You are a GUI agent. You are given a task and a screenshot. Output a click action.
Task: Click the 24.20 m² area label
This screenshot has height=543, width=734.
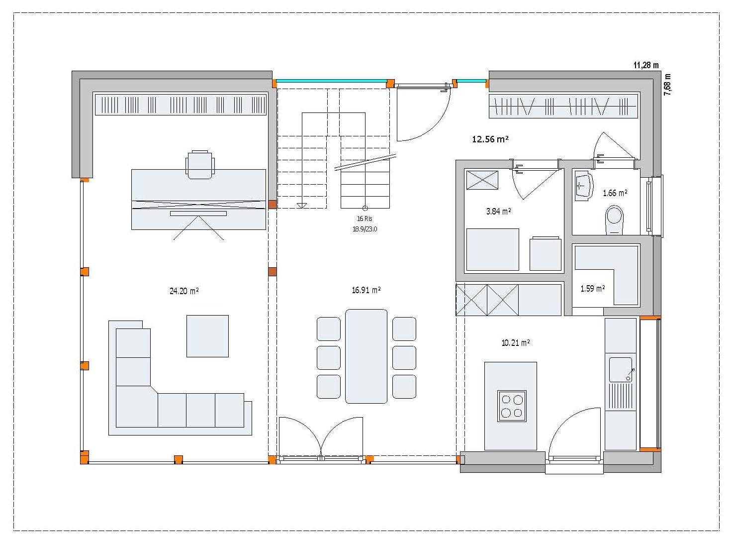click(x=184, y=291)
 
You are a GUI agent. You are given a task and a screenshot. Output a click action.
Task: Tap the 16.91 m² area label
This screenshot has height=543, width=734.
click(x=366, y=290)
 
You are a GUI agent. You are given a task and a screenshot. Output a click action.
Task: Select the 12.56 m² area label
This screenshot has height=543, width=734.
click(x=490, y=139)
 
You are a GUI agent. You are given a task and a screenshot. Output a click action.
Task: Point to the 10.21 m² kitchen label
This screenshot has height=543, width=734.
click(x=516, y=342)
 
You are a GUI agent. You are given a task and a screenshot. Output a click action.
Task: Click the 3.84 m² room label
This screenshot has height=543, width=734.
click(x=498, y=211)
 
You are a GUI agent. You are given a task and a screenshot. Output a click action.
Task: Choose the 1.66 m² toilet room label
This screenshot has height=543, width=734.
click(x=615, y=193)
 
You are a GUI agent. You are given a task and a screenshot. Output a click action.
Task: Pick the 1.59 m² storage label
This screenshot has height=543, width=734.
click(x=593, y=289)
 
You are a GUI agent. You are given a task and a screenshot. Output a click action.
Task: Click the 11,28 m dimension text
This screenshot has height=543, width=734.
click(x=646, y=65)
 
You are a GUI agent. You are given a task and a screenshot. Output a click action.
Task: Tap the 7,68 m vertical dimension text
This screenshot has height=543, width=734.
click(x=667, y=85)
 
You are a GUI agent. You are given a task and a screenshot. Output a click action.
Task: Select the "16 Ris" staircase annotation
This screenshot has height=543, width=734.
click(x=365, y=218)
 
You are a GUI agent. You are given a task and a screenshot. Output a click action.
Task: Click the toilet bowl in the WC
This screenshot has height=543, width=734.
click(x=614, y=220)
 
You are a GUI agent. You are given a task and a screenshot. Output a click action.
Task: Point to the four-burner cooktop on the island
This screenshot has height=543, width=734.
click(x=512, y=406)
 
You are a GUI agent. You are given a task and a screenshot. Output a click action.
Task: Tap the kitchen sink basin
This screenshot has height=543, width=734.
click(x=621, y=369)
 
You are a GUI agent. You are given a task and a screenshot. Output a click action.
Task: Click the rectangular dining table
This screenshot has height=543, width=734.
click(x=366, y=356)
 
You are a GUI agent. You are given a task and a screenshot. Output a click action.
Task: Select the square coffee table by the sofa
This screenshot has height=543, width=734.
click(x=207, y=336)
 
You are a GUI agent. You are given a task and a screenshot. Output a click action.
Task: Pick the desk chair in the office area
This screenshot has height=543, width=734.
click(x=199, y=165)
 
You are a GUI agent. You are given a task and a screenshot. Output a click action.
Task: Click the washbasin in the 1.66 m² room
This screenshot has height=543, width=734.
click(x=583, y=186)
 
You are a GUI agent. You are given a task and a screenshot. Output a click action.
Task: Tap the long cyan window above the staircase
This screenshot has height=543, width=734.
click(x=332, y=81)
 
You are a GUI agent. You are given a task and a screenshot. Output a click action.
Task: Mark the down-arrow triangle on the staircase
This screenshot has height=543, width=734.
click(x=301, y=206)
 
